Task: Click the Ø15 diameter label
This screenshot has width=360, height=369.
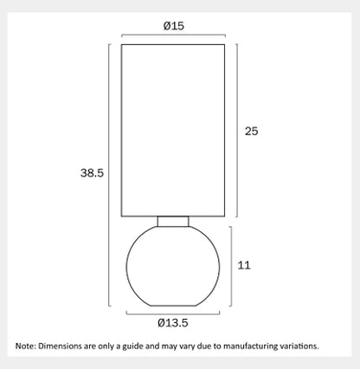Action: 174,26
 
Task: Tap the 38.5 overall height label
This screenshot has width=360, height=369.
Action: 92,173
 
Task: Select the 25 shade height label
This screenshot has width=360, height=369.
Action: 251,132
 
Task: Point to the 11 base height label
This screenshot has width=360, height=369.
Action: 244,265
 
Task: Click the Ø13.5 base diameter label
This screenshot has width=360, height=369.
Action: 173,322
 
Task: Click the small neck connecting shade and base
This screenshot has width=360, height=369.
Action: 173,222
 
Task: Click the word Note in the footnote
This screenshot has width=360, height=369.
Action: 25,346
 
